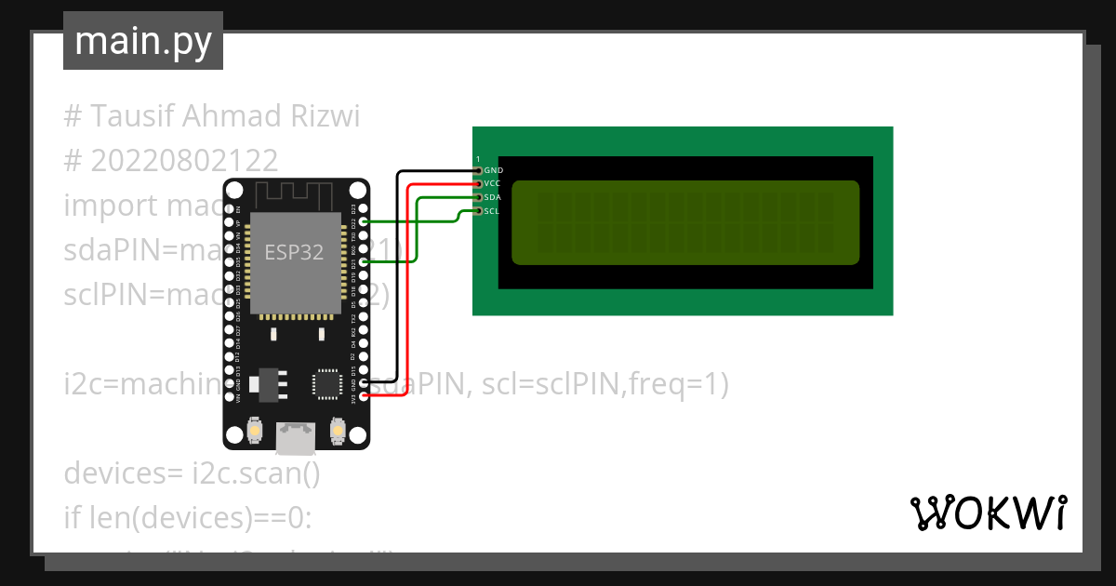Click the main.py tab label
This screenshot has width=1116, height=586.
[x=143, y=41]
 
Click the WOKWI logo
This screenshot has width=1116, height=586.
[x=988, y=513]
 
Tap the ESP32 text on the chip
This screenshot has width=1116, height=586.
[x=294, y=252]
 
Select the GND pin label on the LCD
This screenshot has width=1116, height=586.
[x=493, y=171]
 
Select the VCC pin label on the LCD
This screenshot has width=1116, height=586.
[x=493, y=184]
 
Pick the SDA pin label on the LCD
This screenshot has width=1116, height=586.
[x=493, y=197]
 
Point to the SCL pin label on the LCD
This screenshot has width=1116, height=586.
[x=493, y=211]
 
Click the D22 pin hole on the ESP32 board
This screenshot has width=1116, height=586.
[x=364, y=222]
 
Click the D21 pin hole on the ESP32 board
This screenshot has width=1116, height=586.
[x=364, y=262]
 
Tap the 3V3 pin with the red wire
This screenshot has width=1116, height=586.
[x=364, y=396]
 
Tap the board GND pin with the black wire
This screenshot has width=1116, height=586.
[x=364, y=382]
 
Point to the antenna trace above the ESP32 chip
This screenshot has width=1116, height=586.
[x=294, y=196]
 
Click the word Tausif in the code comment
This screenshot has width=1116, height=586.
[x=131, y=116]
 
